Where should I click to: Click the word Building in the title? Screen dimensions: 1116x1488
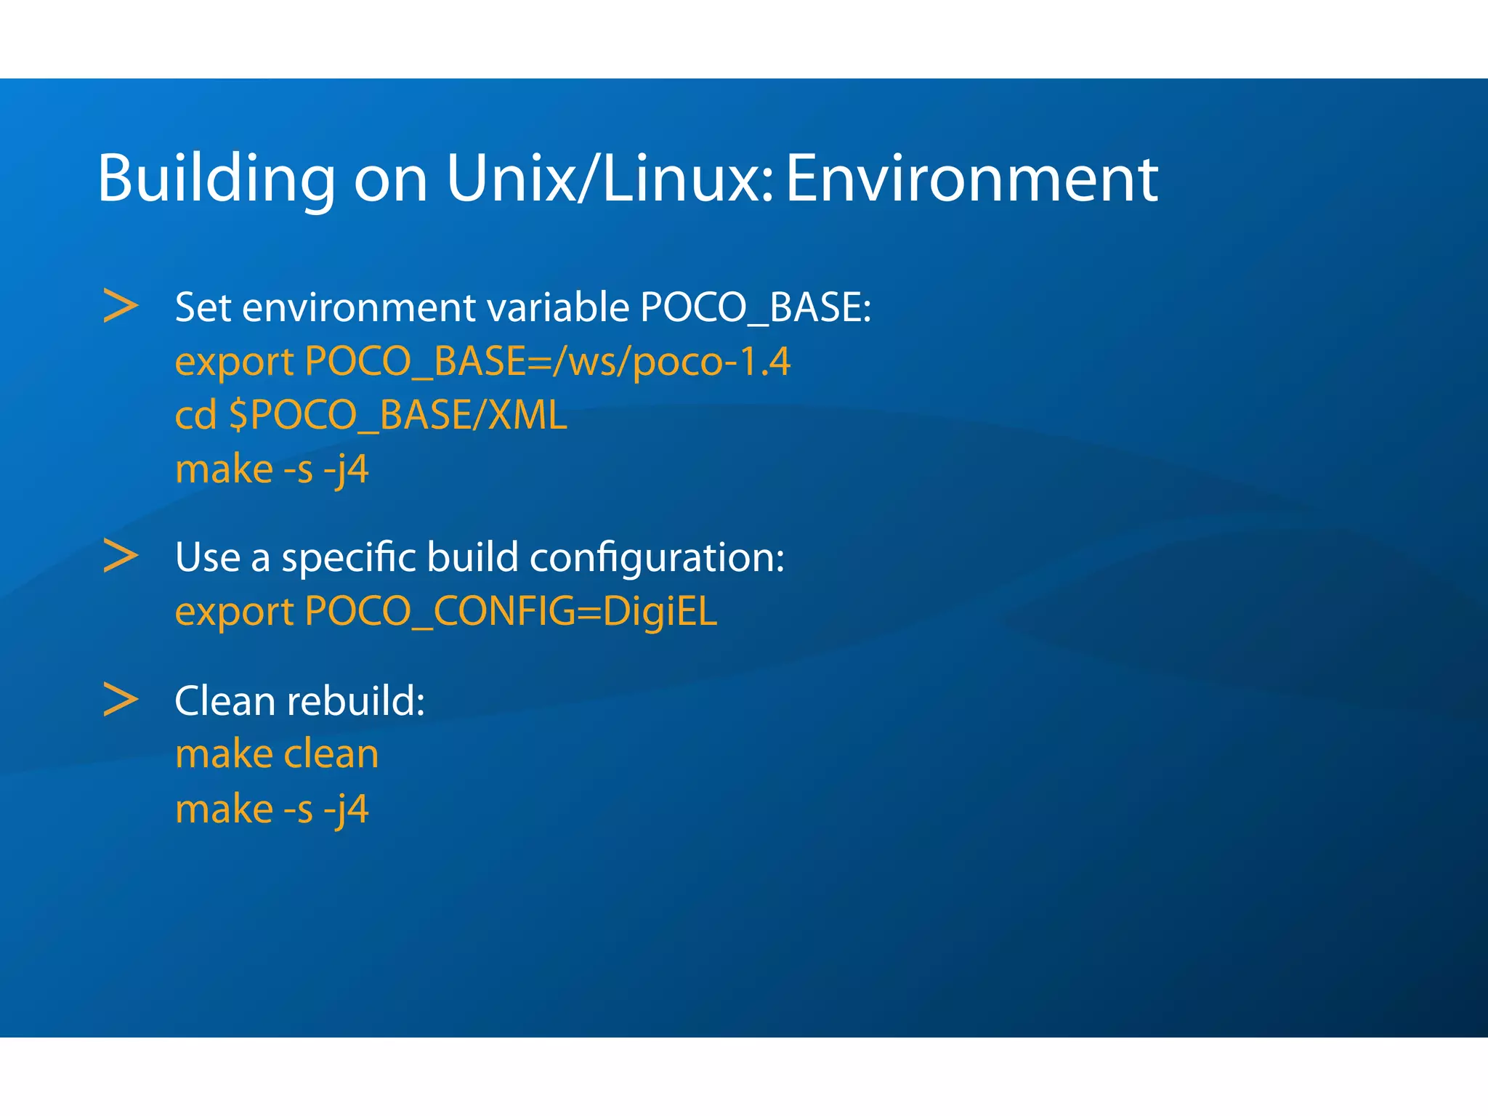coord(216,179)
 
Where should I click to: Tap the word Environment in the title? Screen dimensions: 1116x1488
coord(971,179)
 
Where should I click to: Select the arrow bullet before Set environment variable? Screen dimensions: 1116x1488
coord(121,306)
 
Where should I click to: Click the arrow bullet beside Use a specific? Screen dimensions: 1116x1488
coord(121,556)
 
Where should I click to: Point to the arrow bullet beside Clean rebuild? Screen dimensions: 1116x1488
coord(121,700)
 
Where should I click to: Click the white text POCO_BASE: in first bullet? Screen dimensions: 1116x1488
coord(755,307)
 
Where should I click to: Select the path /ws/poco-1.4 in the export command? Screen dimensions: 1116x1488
coord(671,361)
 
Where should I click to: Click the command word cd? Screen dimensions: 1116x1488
coord(195,415)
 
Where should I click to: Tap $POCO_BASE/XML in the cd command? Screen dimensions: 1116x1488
coord(397,416)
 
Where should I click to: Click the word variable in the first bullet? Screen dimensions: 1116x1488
coord(558,307)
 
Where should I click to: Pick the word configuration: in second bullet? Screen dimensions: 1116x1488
coord(657,559)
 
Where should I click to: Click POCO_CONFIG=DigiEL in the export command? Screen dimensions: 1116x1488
coord(511,612)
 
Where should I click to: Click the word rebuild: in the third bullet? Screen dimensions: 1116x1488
coord(356,701)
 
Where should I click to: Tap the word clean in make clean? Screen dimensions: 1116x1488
coord(331,754)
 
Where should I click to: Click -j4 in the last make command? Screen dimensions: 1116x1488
coord(346,809)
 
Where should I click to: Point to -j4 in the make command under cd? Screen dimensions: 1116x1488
coord(346,469)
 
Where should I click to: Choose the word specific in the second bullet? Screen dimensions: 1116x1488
coord(348,559)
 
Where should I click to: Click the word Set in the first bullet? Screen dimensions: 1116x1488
coord(203,307)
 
